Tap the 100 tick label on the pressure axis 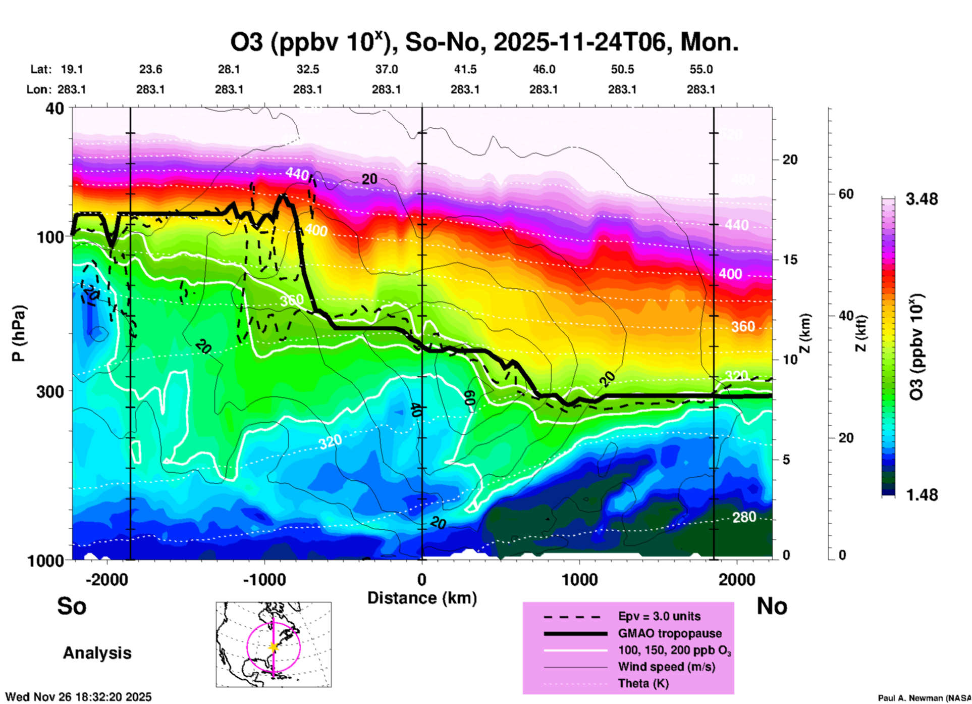point(50,237)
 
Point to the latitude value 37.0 point(386,69)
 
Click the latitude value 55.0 point(701,69)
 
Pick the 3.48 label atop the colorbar point(922,199)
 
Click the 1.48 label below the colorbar point(922,494)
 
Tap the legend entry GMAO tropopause point(670,633)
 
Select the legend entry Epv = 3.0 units point(659,616)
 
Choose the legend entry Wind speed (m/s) point(666,667)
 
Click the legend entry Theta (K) point(643,683)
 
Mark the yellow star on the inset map point(274,647)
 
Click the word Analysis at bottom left point(97,653)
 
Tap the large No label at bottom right point(772,606)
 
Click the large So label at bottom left point(72,606)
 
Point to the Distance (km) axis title point(422,598)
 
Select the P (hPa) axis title point(19,333)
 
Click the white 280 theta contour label point(744,517)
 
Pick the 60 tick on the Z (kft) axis point(846,194)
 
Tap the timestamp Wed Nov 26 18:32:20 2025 point(78,697)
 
